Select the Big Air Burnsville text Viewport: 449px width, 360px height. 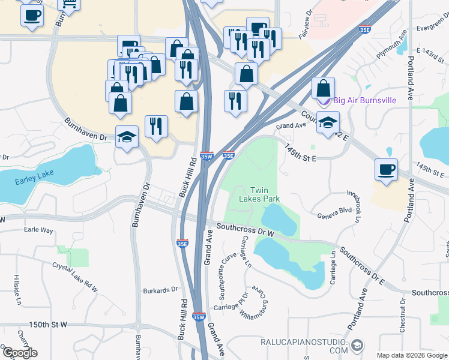(x=364, y=100)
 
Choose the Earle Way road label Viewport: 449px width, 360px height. (x=38, y=230)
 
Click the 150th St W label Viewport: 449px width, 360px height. (x=48, y=324)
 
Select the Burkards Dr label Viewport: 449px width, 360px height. (x=160, y=290)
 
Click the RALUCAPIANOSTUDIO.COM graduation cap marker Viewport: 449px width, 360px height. (x=357, y=345)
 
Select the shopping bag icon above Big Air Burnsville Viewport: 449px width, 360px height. (x=323, y=88)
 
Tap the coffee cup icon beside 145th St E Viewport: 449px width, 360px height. (x=386, y=169)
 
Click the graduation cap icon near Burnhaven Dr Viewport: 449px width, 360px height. (x=127, y=137)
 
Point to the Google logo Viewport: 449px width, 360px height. (x=19, y=353)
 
